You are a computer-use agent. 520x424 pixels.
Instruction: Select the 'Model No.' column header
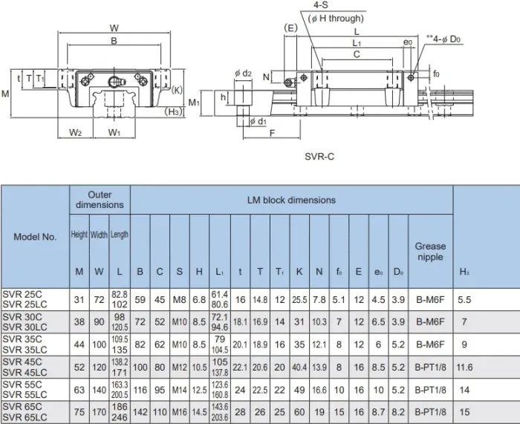(x=35, y=237)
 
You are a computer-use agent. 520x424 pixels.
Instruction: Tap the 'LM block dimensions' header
(x=290, y=200)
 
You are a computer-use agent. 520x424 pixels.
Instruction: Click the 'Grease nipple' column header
(x=430, y=251)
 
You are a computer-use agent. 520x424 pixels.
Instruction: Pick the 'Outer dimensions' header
(x=100, y=200)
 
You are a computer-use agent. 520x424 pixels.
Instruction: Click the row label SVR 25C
(x=22, y=295)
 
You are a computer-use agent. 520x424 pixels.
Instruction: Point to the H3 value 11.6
(x=464, y=367)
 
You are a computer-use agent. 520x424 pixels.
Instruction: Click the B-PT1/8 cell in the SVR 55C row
(x=430, y=390)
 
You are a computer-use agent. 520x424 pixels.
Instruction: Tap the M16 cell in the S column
(x=180, y=414)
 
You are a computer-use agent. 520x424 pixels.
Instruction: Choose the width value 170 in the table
(x=99, y=414)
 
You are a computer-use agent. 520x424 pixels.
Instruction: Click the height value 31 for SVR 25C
(x=79, y=299)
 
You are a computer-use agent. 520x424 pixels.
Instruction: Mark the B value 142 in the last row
(x=140, y=414)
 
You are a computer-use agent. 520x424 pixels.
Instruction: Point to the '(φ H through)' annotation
(x=336, y=19)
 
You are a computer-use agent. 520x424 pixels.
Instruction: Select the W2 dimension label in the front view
(x=75, y=133)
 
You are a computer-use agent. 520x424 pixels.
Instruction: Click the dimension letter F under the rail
(x=273, y=134)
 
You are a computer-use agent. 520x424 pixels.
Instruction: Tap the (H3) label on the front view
(x=173, y=111)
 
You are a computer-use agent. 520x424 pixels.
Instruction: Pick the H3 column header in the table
(x=464, y=272)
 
